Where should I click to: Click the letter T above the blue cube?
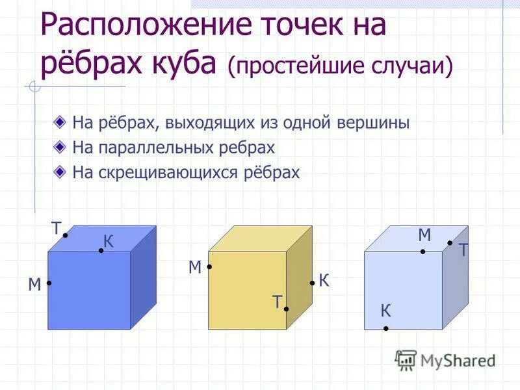click(x=57, y=228)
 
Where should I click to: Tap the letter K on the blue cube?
click(x=108, y=242)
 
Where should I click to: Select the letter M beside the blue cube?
click(x=34, y=284)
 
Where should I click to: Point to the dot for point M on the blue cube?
click(x=49, y=283)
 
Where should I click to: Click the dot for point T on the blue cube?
click(x=66, y=236)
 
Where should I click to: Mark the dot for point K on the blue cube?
click(x=101, y=250)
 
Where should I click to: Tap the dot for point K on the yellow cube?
click(x=312, y=283)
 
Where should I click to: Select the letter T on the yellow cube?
click(x=277, y=302)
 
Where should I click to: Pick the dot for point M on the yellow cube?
click(x=209, y=266)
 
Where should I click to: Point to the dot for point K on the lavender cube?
click(x=385, y=328)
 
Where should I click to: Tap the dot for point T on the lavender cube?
click(x=450, y=243)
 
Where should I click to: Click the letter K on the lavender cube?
click(x=386, y=311)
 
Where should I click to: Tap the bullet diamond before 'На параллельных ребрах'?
click(x=60, y=146)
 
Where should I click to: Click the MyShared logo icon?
click(x=406, y=359)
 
